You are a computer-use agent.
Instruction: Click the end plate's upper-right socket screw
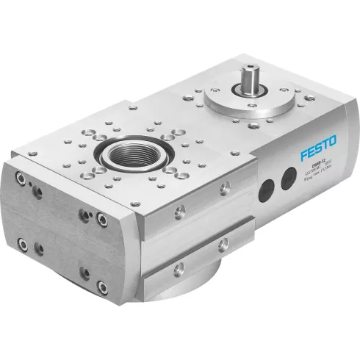coord(102,218)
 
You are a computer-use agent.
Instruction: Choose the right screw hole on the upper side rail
coord(225,188)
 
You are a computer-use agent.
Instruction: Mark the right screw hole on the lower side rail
coord(223,244)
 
